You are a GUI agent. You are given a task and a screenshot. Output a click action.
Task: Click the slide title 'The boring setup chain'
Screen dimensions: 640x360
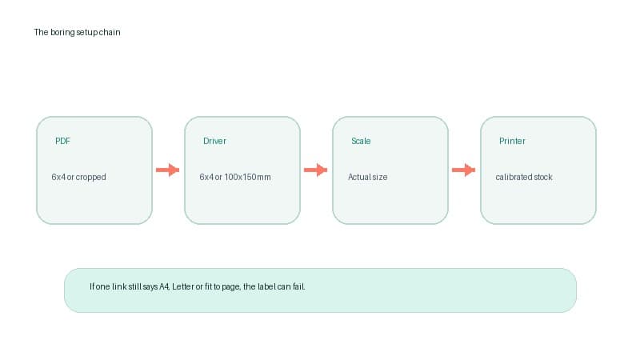(77, 32)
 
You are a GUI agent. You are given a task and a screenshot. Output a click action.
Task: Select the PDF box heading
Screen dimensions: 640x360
(63, 141)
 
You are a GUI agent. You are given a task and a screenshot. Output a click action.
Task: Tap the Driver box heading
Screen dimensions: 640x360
(214, 141)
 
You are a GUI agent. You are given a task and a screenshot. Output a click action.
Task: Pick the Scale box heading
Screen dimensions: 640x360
(361, 141)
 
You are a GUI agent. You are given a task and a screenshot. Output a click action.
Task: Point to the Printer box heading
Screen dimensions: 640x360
(512, 141)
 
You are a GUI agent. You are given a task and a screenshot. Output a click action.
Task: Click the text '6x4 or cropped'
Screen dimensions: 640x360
(78, 177)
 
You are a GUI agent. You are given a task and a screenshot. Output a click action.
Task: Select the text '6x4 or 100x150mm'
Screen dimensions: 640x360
(235, 177)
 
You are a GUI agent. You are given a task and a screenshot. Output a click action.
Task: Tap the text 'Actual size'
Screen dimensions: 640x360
(368, 177)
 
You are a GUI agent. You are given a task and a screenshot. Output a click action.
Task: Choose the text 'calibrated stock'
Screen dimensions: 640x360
(524, 177)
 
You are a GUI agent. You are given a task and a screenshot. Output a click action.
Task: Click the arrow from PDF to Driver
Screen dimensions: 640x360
(168, 170)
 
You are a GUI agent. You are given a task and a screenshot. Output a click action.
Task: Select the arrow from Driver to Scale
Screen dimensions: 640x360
(315, 170)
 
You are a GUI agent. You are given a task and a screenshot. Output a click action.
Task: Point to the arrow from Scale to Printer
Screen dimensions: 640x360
(464, 170)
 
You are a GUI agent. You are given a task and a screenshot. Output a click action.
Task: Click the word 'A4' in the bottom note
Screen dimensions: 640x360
(164, 286)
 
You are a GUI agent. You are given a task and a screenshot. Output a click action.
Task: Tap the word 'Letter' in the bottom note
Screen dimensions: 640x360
(183, 286)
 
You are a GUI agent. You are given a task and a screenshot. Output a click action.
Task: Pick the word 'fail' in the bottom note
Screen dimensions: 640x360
(298, 286)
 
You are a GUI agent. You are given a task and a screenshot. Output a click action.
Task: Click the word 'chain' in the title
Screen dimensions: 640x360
(110, 32)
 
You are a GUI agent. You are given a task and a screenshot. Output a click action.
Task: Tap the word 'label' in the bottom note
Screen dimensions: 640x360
(266, 286)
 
